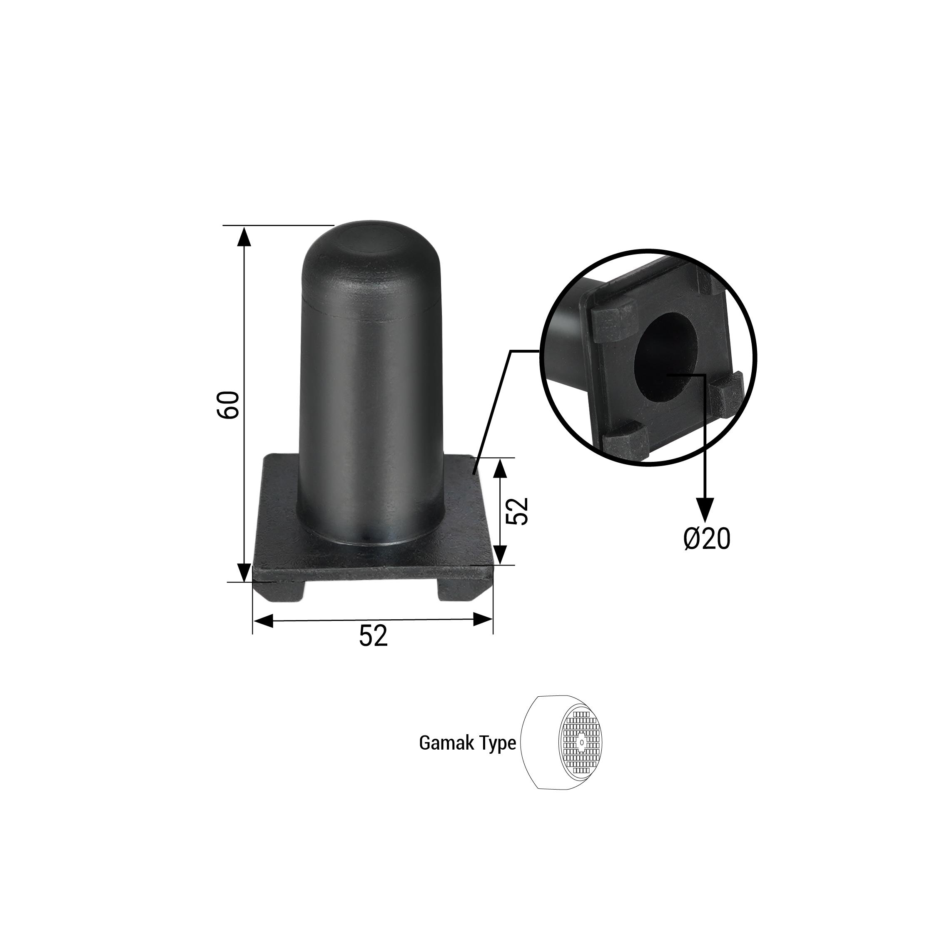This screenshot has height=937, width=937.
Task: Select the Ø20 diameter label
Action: (x=707, y=539)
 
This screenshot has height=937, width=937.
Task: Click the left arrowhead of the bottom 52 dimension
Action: (x=263, y=621)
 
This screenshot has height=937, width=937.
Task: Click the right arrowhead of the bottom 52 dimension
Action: (x=483, y=619)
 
